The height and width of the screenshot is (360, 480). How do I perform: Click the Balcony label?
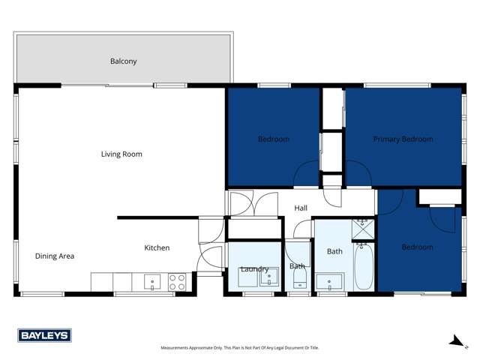[x=124, y=61]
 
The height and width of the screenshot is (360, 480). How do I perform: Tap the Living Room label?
[x=121, y=154]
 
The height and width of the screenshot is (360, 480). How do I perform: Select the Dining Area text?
[x=55, y=256]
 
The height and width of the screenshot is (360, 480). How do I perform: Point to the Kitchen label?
[x=157, y=248]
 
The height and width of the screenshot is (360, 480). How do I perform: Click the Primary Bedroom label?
[x=403, y=139]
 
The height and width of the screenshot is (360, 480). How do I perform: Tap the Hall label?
[x=301, y=208]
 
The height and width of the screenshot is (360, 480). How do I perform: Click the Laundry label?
[x=254, y=270]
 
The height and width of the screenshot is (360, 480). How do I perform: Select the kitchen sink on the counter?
[x=153, y=282]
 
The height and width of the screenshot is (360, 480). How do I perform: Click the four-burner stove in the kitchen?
[x=177, y=282]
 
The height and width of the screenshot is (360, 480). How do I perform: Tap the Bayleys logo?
[x=44, y=336]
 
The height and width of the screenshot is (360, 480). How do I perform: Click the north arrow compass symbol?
[x=454, y=342]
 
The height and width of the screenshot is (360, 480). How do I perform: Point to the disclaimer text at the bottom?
[x=240, y=348]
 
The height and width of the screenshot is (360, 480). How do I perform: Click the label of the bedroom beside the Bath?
[x=417, y=247]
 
